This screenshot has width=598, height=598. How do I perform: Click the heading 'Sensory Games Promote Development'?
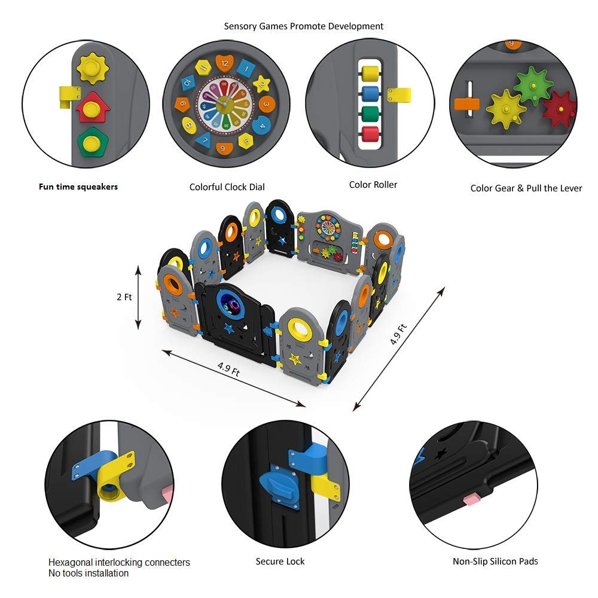click(x=304, y=26)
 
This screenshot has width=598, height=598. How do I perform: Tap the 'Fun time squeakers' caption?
click(x=78, y=187)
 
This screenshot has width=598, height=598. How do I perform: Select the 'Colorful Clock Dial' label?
click(x=227, y=187)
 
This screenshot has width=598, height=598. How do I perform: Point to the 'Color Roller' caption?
click(x=373, y=185)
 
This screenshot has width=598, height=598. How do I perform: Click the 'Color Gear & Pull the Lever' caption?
click(x=526, y=188)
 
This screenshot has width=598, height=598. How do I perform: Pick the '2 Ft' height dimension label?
click(x=124, y=297)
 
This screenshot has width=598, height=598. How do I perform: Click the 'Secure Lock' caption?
click(x=280, y=562)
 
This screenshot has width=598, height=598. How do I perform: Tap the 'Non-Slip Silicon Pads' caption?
click(x=495, y=562)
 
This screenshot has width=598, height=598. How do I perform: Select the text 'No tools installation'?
click(x=89, y=573)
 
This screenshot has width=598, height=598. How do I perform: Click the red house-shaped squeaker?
click(x=92, y=108)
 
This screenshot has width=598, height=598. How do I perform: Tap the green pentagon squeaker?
click(x=92, y=143)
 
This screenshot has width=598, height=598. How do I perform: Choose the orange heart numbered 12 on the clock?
click(x=225, y=63)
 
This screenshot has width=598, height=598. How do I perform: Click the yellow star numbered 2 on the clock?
click(x=261, y=84)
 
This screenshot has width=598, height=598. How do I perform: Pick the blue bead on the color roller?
click(x=370, y=94)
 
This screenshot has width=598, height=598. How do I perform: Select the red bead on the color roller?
click(x=370, y=134)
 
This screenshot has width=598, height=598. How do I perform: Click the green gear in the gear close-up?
click(x=533, y=86)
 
